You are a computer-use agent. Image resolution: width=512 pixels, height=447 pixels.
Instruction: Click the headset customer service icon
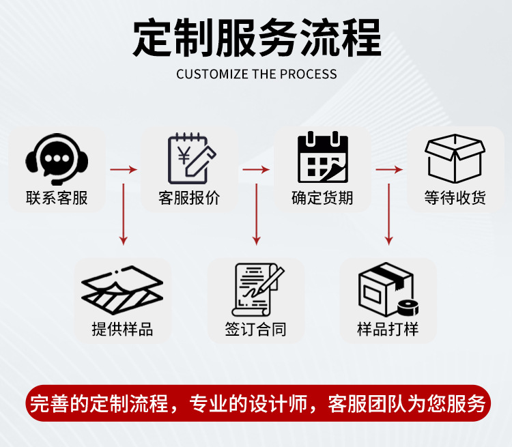coord(57,160)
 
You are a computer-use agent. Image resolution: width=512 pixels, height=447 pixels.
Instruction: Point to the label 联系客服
coord(57,198)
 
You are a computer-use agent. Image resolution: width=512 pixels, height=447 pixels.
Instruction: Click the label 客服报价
coord(190,198)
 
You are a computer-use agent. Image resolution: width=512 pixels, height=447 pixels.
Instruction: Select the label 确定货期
coord(322,198)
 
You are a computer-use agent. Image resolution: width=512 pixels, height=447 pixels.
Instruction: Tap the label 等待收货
coord(455,198)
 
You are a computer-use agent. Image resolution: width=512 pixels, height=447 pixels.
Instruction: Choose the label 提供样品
coord(123,329)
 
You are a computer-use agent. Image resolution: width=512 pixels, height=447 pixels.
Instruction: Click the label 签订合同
coord(256,329)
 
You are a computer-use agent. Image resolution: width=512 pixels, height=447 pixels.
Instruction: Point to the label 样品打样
coord(388,329)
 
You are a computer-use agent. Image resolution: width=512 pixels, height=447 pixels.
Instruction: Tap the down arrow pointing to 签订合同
coord(257,212)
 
